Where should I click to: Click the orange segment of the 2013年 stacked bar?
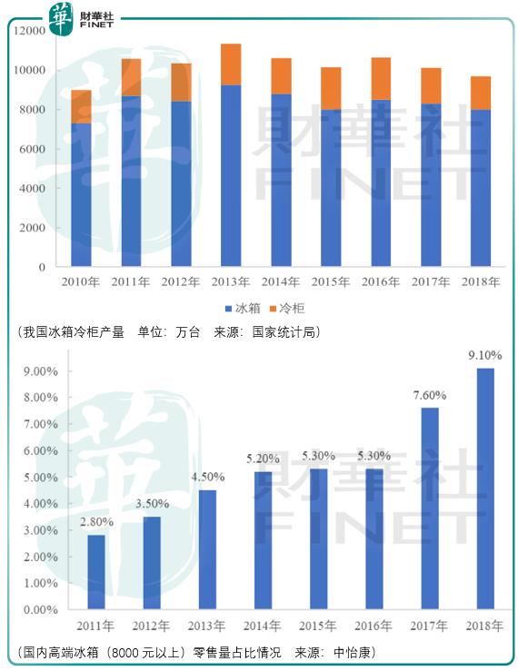[231, 64]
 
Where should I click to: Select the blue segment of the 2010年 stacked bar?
[82, 194]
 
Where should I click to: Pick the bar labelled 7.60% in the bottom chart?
[430, 508]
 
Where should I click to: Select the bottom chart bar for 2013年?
[209, 549]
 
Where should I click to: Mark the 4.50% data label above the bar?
[208, 478]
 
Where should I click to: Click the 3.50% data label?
[152, 504]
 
